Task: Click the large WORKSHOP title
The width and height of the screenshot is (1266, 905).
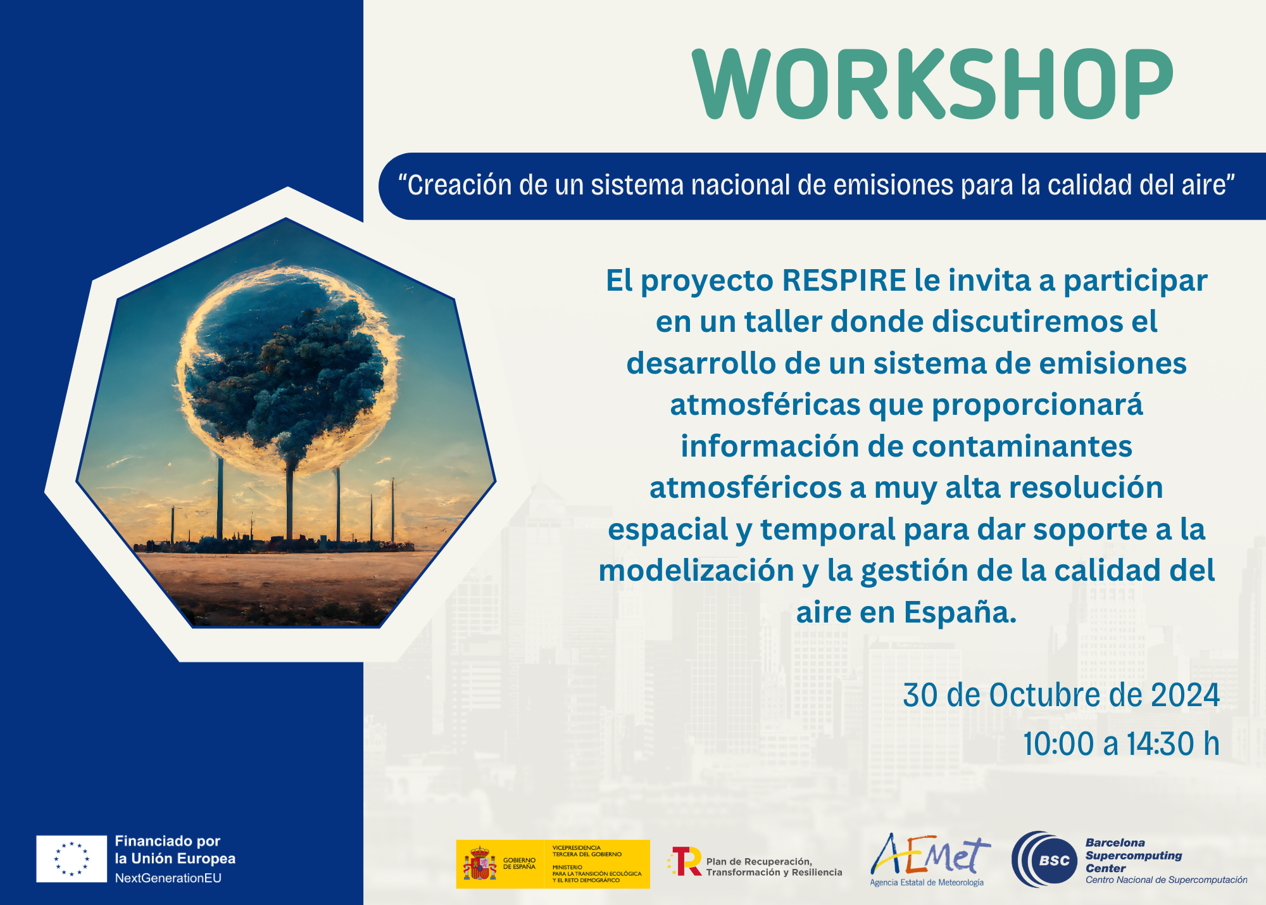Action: (933, 84)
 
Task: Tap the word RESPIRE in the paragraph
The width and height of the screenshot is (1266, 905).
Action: (844, 281)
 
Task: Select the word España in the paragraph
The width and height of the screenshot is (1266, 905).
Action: (960, 612)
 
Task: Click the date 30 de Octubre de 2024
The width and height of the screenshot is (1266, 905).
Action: (1062, 695)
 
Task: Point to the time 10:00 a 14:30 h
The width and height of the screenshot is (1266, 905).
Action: (1121, 744)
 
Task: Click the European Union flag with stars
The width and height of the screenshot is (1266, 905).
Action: (72, 859)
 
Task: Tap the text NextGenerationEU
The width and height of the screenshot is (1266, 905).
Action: (168, 878)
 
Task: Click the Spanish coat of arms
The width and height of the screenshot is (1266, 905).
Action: (480, 864)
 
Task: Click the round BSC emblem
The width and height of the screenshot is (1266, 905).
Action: (1044, 859)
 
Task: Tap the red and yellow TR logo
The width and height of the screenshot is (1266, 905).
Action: (684, 861)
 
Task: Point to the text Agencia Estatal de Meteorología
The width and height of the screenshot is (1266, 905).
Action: (927, 882)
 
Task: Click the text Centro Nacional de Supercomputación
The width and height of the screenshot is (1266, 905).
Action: (1167, 880)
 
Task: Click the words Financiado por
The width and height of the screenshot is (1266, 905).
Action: (168, 841)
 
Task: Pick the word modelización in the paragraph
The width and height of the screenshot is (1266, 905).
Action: (696, 571)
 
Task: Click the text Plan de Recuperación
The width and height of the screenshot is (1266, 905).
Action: (759, 861)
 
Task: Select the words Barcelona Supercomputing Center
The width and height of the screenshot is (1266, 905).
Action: (1134, 856)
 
